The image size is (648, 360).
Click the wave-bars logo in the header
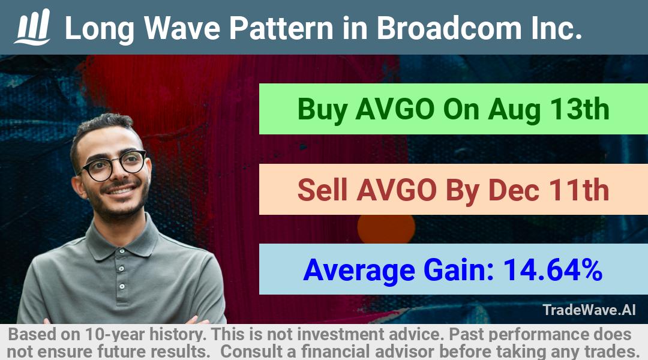(32, 27)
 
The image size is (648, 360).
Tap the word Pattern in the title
(281, 28)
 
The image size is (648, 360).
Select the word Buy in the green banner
(322, 110)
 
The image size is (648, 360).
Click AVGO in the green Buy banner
(395, 110)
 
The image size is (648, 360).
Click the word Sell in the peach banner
(322, 190)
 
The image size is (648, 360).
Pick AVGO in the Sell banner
(397, 190)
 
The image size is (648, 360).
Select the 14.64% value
(552, 270)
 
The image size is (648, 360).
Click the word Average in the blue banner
(359, 271)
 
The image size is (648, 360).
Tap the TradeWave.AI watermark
(589, 310)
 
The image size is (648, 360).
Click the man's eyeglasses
(112, 166)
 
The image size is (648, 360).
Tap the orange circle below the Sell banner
(386, 228)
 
